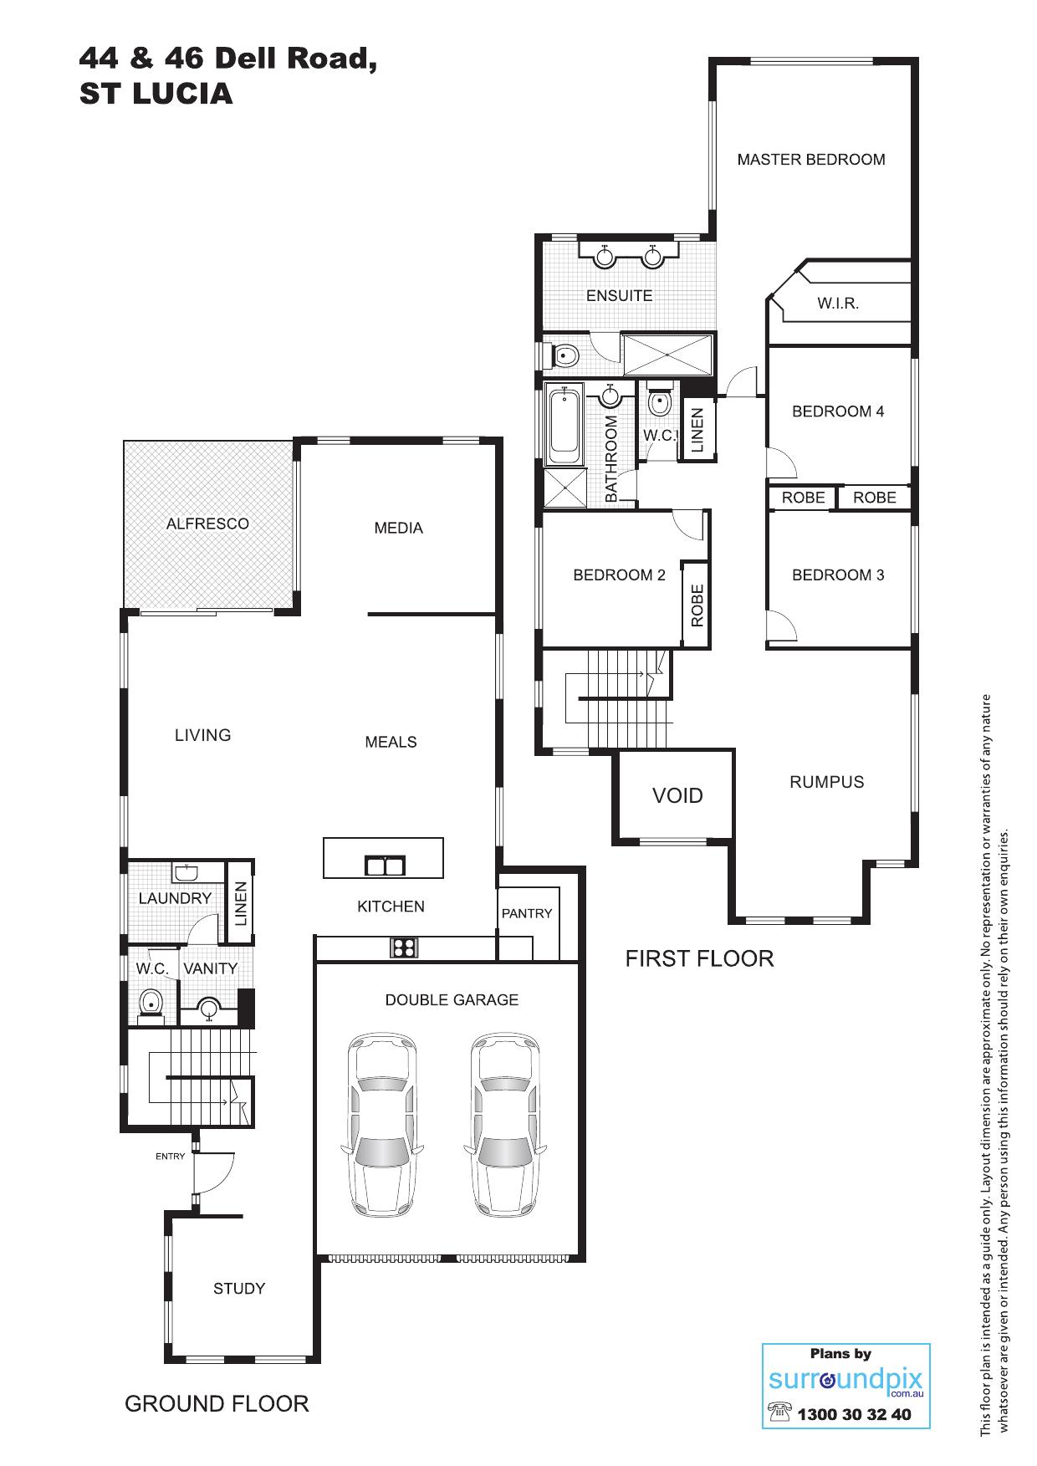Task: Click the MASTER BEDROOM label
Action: [810, 160]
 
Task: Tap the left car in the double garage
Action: [383, 1126]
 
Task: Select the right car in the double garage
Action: [505, 1126]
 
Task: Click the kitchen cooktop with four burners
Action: [404, 948]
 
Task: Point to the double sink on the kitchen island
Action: [385, 865]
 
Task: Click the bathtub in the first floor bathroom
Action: [565, 426]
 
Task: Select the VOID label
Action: [677, 795]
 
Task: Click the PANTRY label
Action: [527, 913]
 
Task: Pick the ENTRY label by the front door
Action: [171, 1157]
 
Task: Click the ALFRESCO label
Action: [207, 524]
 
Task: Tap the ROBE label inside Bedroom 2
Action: [697, 605]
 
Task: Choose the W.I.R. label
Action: [838, 304]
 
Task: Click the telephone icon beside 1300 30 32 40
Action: [780, 1412]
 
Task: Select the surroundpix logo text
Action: [845, 1381]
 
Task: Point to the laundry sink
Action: [186, 873]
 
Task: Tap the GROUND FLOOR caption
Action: [217, 1403]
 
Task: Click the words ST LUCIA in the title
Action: [156, 94]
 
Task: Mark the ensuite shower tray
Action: [668, 355]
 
